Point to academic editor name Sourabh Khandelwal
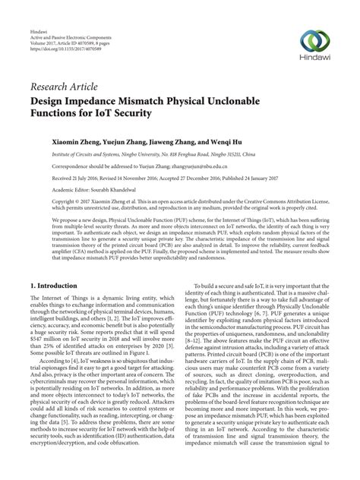tap(137, 189)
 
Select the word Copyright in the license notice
tap(65, 201)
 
